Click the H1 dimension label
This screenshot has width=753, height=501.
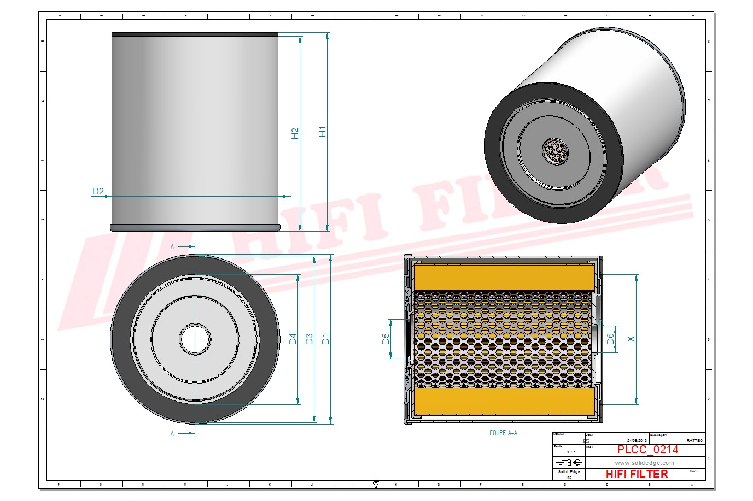tap(323, 132)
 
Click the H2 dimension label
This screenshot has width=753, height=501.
tap(295, 133)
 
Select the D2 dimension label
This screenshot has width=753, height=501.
tap(98, 191)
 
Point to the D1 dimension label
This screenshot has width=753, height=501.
tap(326, 339)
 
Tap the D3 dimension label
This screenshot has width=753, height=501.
tap(310, 339)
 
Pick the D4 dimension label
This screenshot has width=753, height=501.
tap(293, 339)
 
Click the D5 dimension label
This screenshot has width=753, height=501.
tap(386, 339)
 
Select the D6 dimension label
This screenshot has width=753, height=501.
tap(611, 339)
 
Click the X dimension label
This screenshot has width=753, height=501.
tap(631, 339)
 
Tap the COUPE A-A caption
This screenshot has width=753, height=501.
tap(503, 433)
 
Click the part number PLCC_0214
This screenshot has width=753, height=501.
tap(647, 450)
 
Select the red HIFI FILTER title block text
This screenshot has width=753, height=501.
tap(637, 474)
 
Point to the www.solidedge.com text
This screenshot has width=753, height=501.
tap(644, 463)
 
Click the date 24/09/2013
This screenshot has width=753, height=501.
tap(637, 440)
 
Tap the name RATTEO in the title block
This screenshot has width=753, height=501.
tap(694, 440)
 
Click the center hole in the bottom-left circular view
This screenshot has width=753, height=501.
tap(195, 339)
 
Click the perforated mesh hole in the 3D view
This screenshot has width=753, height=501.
tap(554, 151)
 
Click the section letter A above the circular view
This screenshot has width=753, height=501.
tap(172, 247)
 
